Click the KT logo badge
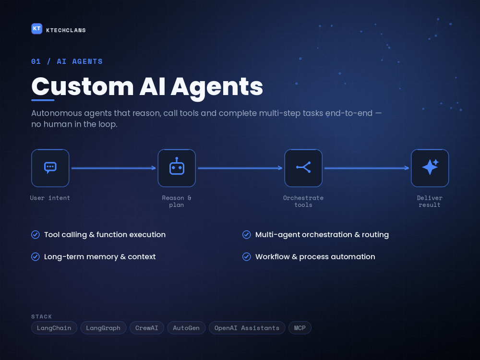(37, 29)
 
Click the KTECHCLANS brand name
(66, 30)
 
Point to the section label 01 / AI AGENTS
(67, 61)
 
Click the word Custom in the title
(83, 86)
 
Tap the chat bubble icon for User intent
(50, 168)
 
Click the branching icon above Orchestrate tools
(303, 168)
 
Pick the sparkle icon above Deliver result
(430, 167)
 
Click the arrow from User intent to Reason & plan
(114, 168)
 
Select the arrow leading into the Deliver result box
(367, 168)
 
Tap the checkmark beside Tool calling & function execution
(36, 235)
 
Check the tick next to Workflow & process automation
(246, 256)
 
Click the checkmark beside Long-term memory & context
(36, 256)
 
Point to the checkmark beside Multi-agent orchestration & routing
(246, 235)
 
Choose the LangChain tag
(54, 328)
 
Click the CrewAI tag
(147, 328)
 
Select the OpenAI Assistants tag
(247, 328)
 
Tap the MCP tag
(300, 328)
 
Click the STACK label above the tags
(42, 316)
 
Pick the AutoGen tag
(186, 328)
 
